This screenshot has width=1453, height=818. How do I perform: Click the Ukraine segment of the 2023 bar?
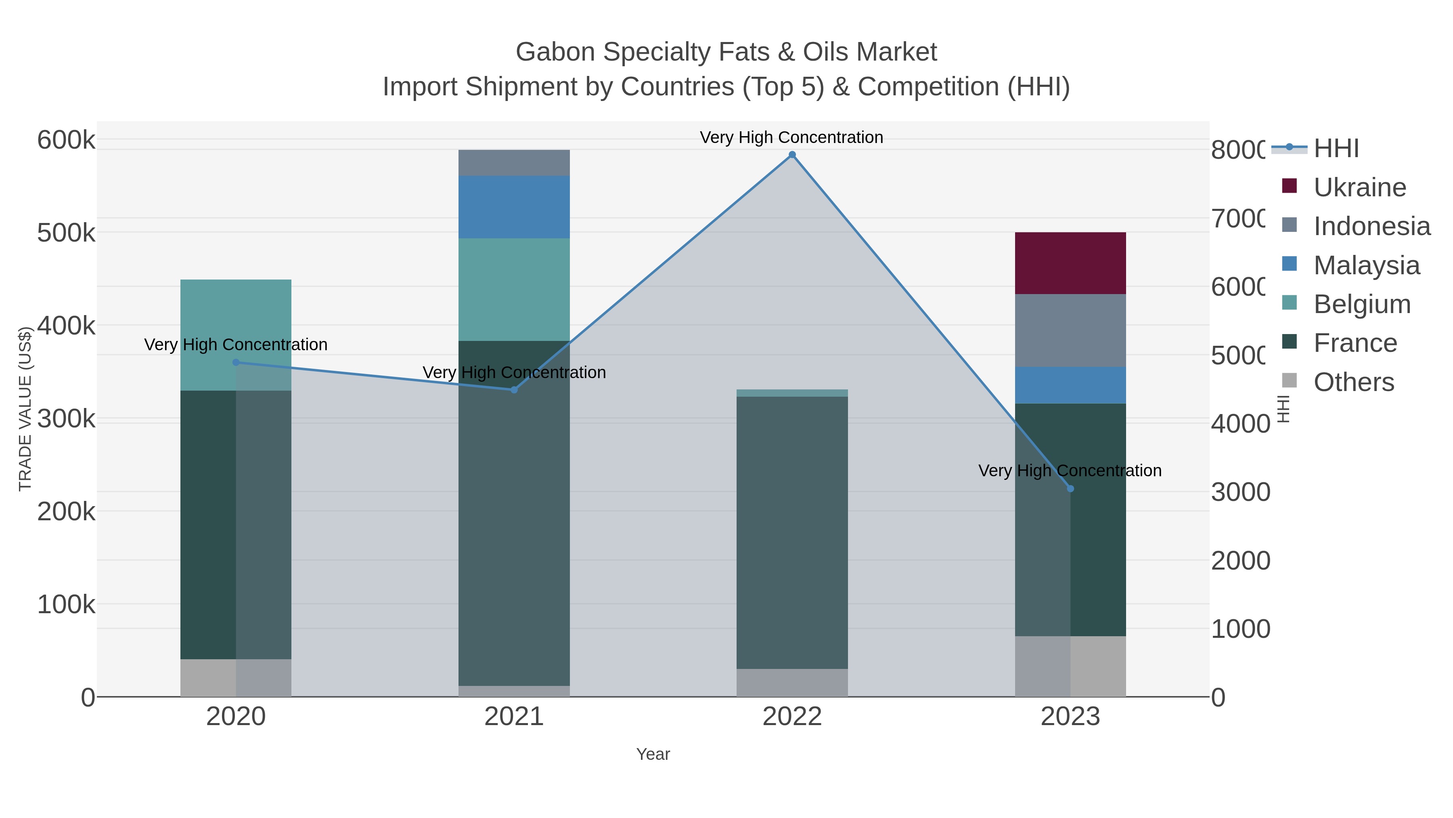point(1070,263)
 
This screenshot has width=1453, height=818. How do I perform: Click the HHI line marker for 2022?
point(792,155)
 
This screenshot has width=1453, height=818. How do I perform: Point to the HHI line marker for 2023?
point(1070,488)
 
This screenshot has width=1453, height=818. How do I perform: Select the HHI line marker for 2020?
point(236,362)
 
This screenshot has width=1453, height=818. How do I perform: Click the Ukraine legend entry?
point(1359,187)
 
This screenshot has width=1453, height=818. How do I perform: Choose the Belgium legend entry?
point(1362,304)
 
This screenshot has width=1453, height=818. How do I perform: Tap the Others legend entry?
point(1353,382)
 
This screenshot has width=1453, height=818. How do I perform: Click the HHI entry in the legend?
point(1336,149)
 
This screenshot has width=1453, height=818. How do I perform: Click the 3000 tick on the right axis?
point(1240,492)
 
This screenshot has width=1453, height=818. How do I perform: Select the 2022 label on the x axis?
point(792,716)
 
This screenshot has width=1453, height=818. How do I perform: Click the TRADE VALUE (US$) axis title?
point(25,409)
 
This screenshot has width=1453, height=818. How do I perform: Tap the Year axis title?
point(653,754)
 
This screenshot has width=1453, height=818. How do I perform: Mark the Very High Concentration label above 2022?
point(791,137)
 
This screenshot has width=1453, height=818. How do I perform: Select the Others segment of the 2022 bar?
point(792,683)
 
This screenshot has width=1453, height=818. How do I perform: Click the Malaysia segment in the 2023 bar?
point(1070,385)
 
